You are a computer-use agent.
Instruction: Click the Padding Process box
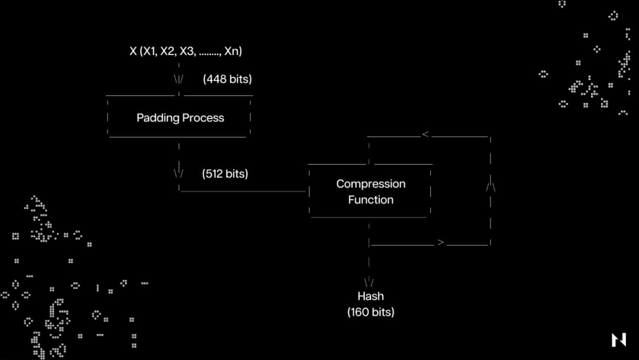(179, 117)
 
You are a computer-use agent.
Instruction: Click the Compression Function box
(370, 191)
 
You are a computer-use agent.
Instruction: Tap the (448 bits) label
(227, 79)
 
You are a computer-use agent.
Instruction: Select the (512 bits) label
(225, 174)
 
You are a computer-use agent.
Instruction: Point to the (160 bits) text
(370, 312)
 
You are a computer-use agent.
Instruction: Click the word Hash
(370, 296)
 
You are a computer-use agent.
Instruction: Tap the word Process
(202, 118)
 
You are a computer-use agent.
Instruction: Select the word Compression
(371, 184)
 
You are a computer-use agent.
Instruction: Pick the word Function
(370, 200)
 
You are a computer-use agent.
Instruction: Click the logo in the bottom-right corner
(618, 340)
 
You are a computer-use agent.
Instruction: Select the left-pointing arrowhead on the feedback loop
(425, 135)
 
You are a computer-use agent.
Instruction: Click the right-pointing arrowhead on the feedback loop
(440, 242)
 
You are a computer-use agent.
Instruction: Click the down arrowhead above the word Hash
(369, 282)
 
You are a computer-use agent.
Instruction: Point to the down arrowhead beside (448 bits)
(179, 79)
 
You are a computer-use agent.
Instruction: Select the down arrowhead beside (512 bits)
(179, 173)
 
